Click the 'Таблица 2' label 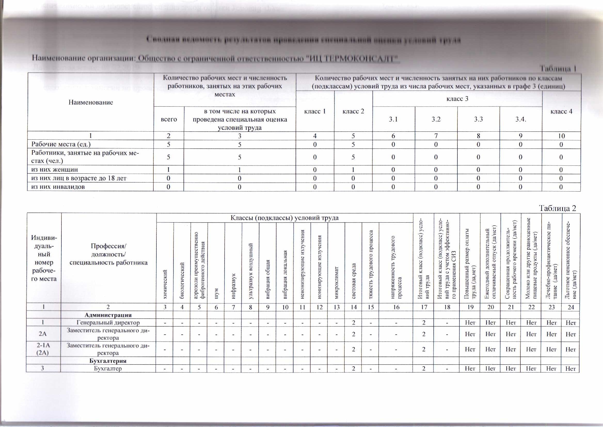[x=557, y=208]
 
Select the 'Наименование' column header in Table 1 [x=91, y=102]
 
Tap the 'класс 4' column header [x=561, y=111]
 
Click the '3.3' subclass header [x=478, y=119]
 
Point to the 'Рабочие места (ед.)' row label [x=61, y=144]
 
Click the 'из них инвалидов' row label [x=58, y=187]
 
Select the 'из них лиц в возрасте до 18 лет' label [x=79, y=178]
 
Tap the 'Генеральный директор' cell [x=108, y=322]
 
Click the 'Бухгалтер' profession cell [x=108, y=368]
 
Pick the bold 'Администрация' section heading [x=108, y=315]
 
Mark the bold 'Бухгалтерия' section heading [x=108, y=361]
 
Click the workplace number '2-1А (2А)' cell [x=43, y=349]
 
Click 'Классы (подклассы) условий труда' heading [x=284, y=218]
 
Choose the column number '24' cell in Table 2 [x=571, y=307]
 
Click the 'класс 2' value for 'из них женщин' [x=353, y=170]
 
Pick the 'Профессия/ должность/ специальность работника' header [x=108, y=254]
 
